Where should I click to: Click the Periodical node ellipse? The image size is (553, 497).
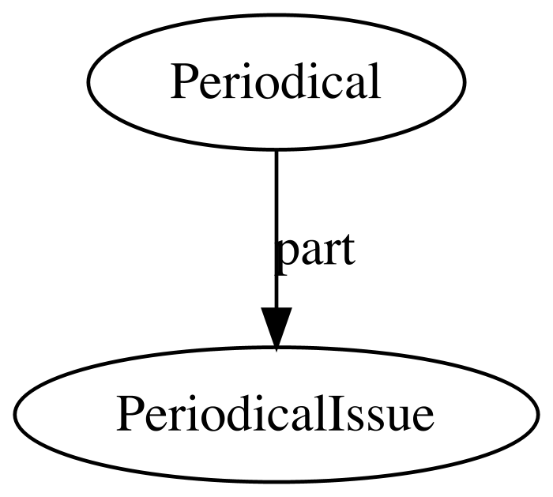click(276, 47)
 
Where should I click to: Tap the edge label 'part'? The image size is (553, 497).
click(315, 251)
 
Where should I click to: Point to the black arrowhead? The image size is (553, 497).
click(276, 328)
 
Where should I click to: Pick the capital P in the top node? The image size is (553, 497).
click(182, 81)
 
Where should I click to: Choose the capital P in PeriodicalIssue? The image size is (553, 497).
click(128, 413)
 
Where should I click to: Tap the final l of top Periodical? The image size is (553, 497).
click(374, 81)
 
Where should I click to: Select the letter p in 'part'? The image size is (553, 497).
click(285, 254)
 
